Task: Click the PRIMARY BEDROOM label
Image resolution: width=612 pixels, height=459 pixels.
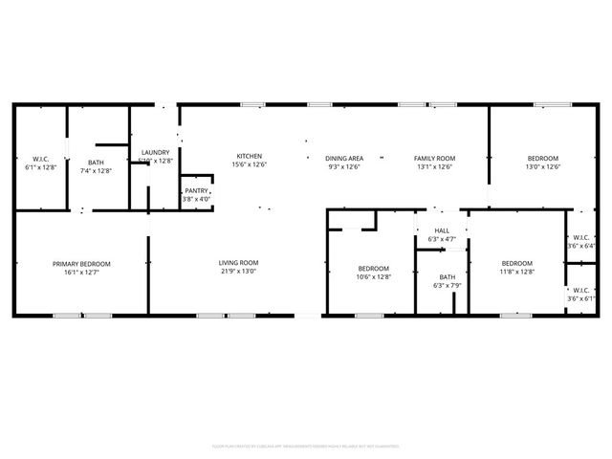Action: click(81, 264)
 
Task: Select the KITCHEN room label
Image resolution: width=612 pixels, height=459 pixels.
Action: click(250, 157)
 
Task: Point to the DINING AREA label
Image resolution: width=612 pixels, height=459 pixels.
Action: click(343, 158)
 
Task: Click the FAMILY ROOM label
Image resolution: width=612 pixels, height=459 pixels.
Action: click(434, 158)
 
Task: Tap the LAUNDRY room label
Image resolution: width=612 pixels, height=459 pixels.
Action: click(155, 153)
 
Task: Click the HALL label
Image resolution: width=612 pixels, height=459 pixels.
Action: click(442, 230)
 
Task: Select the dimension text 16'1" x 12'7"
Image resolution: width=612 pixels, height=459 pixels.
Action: click(81, 273)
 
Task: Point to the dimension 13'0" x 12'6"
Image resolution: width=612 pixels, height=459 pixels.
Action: click(543, 166)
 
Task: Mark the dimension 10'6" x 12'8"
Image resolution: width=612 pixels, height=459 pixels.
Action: click(373, 277)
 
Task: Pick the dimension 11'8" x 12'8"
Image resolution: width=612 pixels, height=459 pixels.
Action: click(516, 273)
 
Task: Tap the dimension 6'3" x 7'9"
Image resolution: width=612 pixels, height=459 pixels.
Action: click(448, 285)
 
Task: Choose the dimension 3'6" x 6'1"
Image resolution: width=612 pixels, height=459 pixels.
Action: click(581, 298)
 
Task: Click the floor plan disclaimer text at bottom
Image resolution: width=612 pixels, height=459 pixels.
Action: click(305, 446)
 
